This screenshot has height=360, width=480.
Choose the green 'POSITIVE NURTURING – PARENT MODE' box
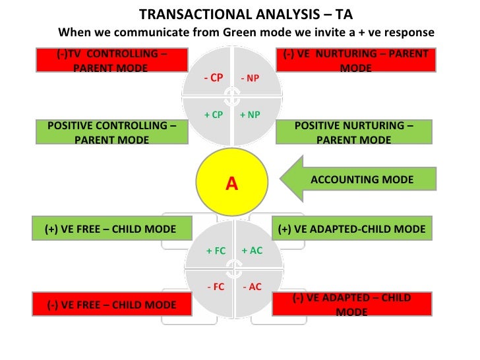(x=353, y=132)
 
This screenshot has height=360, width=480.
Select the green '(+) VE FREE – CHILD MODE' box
(x=111, y=229)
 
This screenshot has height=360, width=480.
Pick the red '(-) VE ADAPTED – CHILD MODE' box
(x=351, y=304)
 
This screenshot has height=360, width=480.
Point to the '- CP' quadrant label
(x=213, y=77)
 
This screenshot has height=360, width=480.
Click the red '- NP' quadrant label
(x=250, y=78)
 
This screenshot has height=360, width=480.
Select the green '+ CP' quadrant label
(x=213, y=114)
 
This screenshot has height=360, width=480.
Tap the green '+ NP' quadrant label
(x=250, y=114)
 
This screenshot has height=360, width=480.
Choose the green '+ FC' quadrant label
(x=216, y=251)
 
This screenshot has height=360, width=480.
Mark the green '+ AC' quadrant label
(x=252, y=251)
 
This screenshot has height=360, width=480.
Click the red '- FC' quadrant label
(x=216, y=287)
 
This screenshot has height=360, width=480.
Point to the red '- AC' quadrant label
(x=252, y=287)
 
